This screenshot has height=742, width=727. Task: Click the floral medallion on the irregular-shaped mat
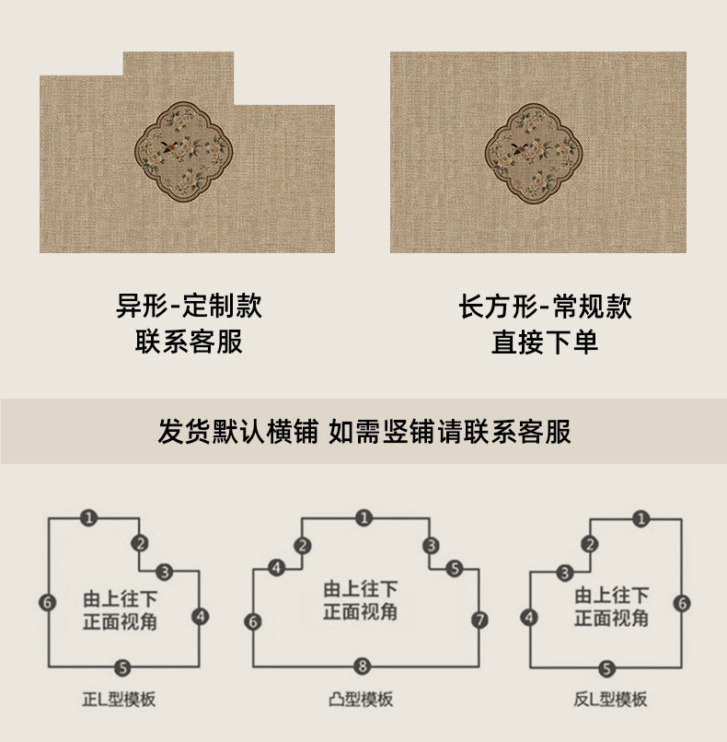tap(181, 152)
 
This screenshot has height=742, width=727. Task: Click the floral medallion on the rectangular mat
tap(535, 152)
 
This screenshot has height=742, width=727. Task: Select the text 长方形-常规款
tap(545, 306)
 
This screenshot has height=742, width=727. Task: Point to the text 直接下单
tap(545, 342)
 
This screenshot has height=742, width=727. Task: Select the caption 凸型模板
tap(363, 701)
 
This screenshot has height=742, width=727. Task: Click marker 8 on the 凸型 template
tap(363, 665)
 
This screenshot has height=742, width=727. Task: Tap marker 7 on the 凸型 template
tap(479, 620)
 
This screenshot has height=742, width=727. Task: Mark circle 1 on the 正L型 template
tap(88, 518)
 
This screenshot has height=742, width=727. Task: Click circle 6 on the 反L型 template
tap(681, 604)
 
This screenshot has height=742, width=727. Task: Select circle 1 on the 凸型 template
tap(363, 518)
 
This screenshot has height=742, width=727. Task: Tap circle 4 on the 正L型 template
tap(201, 616)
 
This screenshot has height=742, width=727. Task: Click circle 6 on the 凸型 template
tap(253, 621)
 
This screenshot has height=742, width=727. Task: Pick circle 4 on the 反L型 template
tap(529, 618)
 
